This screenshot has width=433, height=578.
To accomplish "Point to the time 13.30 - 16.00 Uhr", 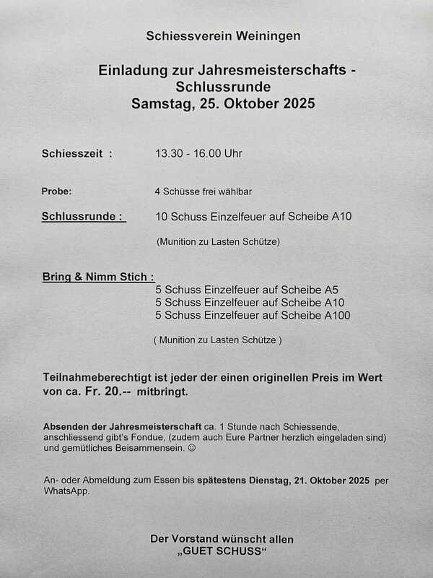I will [199, 154].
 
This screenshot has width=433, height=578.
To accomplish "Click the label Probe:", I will [57, 191].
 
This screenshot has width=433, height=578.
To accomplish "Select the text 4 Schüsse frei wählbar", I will [203, 191].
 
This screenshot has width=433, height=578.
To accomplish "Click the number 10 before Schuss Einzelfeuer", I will [161, 216].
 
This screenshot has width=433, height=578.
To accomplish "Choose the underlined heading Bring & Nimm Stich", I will [97, 277].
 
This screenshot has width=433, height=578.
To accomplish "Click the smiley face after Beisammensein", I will [191, 449].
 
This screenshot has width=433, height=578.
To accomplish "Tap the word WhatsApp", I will [68, 491].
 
